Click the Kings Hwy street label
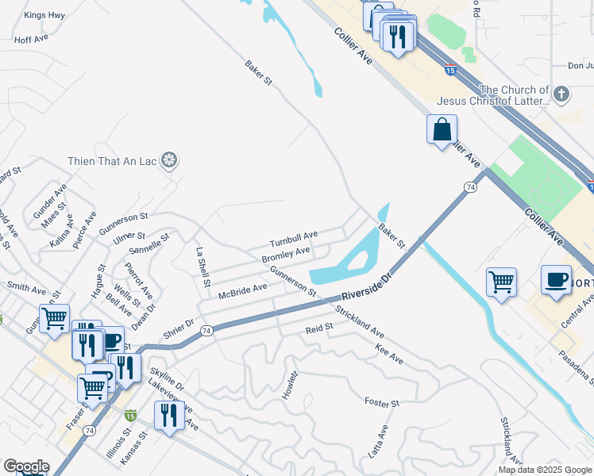[44, 15]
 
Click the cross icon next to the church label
[562, 95]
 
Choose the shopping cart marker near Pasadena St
[501, 282]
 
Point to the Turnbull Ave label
[293, 236]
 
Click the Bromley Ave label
[286, 255]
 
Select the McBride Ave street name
[243, 291]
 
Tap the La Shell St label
[202, 266]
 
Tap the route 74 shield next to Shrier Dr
[206, 330]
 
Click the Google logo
[25, 466]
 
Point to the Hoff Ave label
[32, 38]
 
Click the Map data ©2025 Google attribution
[544, 470]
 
